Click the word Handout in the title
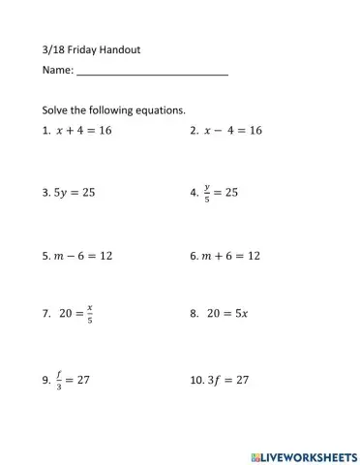tap(126, 48)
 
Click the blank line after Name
tap(152, 72)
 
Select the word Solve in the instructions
tap(57, 110)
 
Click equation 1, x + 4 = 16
tap(84, 130)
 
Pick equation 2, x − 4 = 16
tap(233, 130)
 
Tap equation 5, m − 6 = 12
tap(84, 257)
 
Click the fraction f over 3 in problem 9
tap(60, 380)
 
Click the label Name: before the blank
tap(57, 72)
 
